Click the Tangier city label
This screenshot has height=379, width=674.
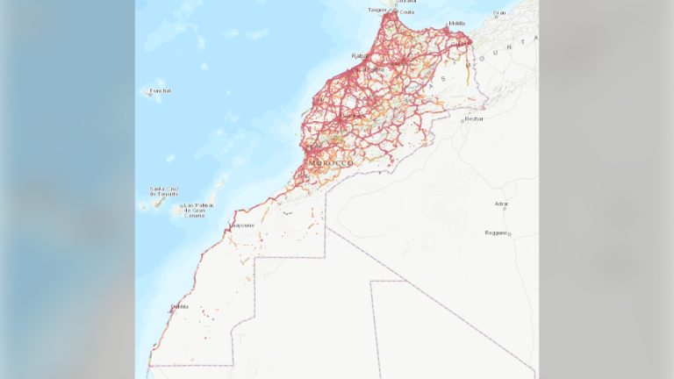(376, 10)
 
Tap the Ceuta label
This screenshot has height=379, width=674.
(407, 12)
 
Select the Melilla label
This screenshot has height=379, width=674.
(456, 24)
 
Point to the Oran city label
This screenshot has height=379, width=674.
(500, 13)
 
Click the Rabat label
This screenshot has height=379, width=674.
(360, 56)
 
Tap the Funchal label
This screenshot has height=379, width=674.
(160, 90)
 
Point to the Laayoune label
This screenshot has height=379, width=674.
(241, 225)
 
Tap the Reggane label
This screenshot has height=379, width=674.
(497, 232)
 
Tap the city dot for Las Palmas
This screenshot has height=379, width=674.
(183, 208)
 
